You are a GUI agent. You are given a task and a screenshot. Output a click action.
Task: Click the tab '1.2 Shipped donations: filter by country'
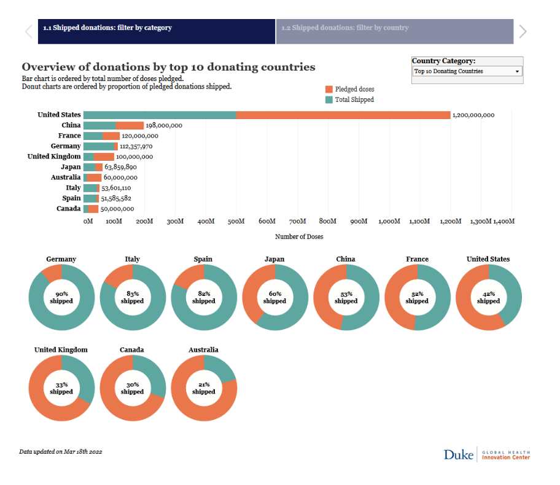click(x=394, y=28)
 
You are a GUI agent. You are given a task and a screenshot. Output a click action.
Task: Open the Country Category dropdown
click(x=467, y=71)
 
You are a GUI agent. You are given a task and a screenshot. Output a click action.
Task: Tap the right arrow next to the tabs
click(x=523, y=31)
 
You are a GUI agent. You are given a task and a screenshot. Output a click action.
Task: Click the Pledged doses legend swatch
click(x=329, y=89)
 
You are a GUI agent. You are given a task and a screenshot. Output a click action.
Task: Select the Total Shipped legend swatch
click(x=329, y=99)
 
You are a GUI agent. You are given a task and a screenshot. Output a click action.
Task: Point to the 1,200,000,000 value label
click(x=473, y=115)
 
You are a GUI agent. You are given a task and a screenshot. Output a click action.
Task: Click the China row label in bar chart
click(x=71, y=125)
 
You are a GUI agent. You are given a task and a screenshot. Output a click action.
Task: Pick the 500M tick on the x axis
click(x=236, y=221)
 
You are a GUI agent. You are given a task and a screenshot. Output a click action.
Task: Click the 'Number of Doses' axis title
click(x=299, y=236)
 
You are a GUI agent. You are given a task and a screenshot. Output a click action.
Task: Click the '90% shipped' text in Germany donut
click(x=61, y=297)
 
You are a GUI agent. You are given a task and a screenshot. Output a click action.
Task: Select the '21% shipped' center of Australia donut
click(x=204, y=388)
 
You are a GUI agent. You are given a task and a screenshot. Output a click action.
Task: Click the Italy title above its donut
click(x=132, y=259)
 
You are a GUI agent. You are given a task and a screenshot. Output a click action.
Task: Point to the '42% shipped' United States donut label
click(x=488, y=297)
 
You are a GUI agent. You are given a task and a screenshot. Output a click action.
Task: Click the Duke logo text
click(x=459, y=454)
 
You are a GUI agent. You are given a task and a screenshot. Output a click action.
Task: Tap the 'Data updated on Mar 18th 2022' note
click(x=60, y=451)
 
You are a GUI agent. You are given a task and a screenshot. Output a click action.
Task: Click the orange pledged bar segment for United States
click(x=343, y=115)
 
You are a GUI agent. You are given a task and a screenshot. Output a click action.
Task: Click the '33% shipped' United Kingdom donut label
click(x=61, y=388)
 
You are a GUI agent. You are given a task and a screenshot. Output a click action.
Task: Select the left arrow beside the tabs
click(x=28, y=31)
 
